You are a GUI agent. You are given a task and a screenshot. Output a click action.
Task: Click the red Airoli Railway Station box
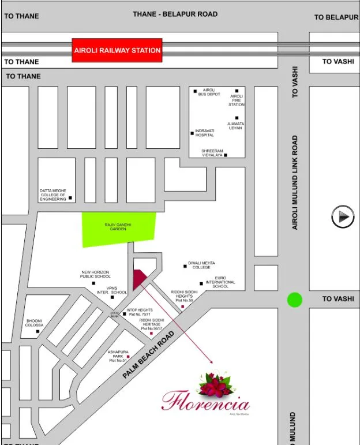point(117,50)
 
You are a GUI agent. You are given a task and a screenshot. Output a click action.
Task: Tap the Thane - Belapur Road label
point(175,14)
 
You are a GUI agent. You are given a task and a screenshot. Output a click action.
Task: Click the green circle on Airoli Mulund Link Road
point(295,300)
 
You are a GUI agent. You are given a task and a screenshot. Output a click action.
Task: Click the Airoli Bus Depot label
point(209,92)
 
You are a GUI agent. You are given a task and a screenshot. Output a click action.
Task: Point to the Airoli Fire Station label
point(237,100)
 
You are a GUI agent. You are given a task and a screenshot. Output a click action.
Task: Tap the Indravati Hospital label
point(204,133)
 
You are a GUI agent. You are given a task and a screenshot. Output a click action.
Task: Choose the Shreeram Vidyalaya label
point(212,153)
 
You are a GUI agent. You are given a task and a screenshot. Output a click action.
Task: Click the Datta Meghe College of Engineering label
point(53,195)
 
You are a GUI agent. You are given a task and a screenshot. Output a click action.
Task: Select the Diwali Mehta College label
point(201,265)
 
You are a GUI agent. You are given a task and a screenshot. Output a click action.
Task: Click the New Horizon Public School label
point(95,274)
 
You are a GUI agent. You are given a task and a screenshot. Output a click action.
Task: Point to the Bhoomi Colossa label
point(34,323)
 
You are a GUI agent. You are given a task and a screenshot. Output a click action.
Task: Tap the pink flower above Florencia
point(215,383)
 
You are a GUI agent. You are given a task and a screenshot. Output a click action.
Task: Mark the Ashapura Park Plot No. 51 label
point(117,356)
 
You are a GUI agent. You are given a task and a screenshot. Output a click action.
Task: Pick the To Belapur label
point(336,17)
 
